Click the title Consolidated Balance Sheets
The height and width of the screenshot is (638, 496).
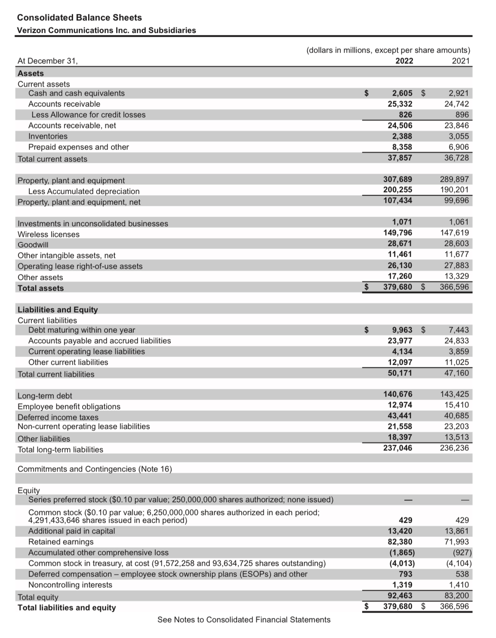79,18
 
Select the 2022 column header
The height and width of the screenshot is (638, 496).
404,61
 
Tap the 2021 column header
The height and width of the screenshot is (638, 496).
461,61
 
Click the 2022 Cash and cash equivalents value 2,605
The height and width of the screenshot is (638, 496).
402,93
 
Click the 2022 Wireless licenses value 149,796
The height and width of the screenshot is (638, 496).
397,233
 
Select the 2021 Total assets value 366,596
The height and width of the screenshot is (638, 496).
454,287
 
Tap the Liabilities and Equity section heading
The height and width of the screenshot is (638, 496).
58,310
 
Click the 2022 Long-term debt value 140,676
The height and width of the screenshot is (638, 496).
397,394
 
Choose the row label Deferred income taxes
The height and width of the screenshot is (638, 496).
58,417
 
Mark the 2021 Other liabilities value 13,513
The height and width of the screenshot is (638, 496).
456,437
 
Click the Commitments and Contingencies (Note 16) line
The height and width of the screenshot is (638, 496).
95,469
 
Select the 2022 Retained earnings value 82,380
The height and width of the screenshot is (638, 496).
400,542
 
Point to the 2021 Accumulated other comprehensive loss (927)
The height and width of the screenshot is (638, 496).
462,553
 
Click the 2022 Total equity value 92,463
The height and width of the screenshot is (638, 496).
400,596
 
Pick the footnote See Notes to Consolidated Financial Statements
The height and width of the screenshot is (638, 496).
244,619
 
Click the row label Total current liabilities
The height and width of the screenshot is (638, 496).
56,374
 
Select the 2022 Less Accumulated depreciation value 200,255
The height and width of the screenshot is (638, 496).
397,190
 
